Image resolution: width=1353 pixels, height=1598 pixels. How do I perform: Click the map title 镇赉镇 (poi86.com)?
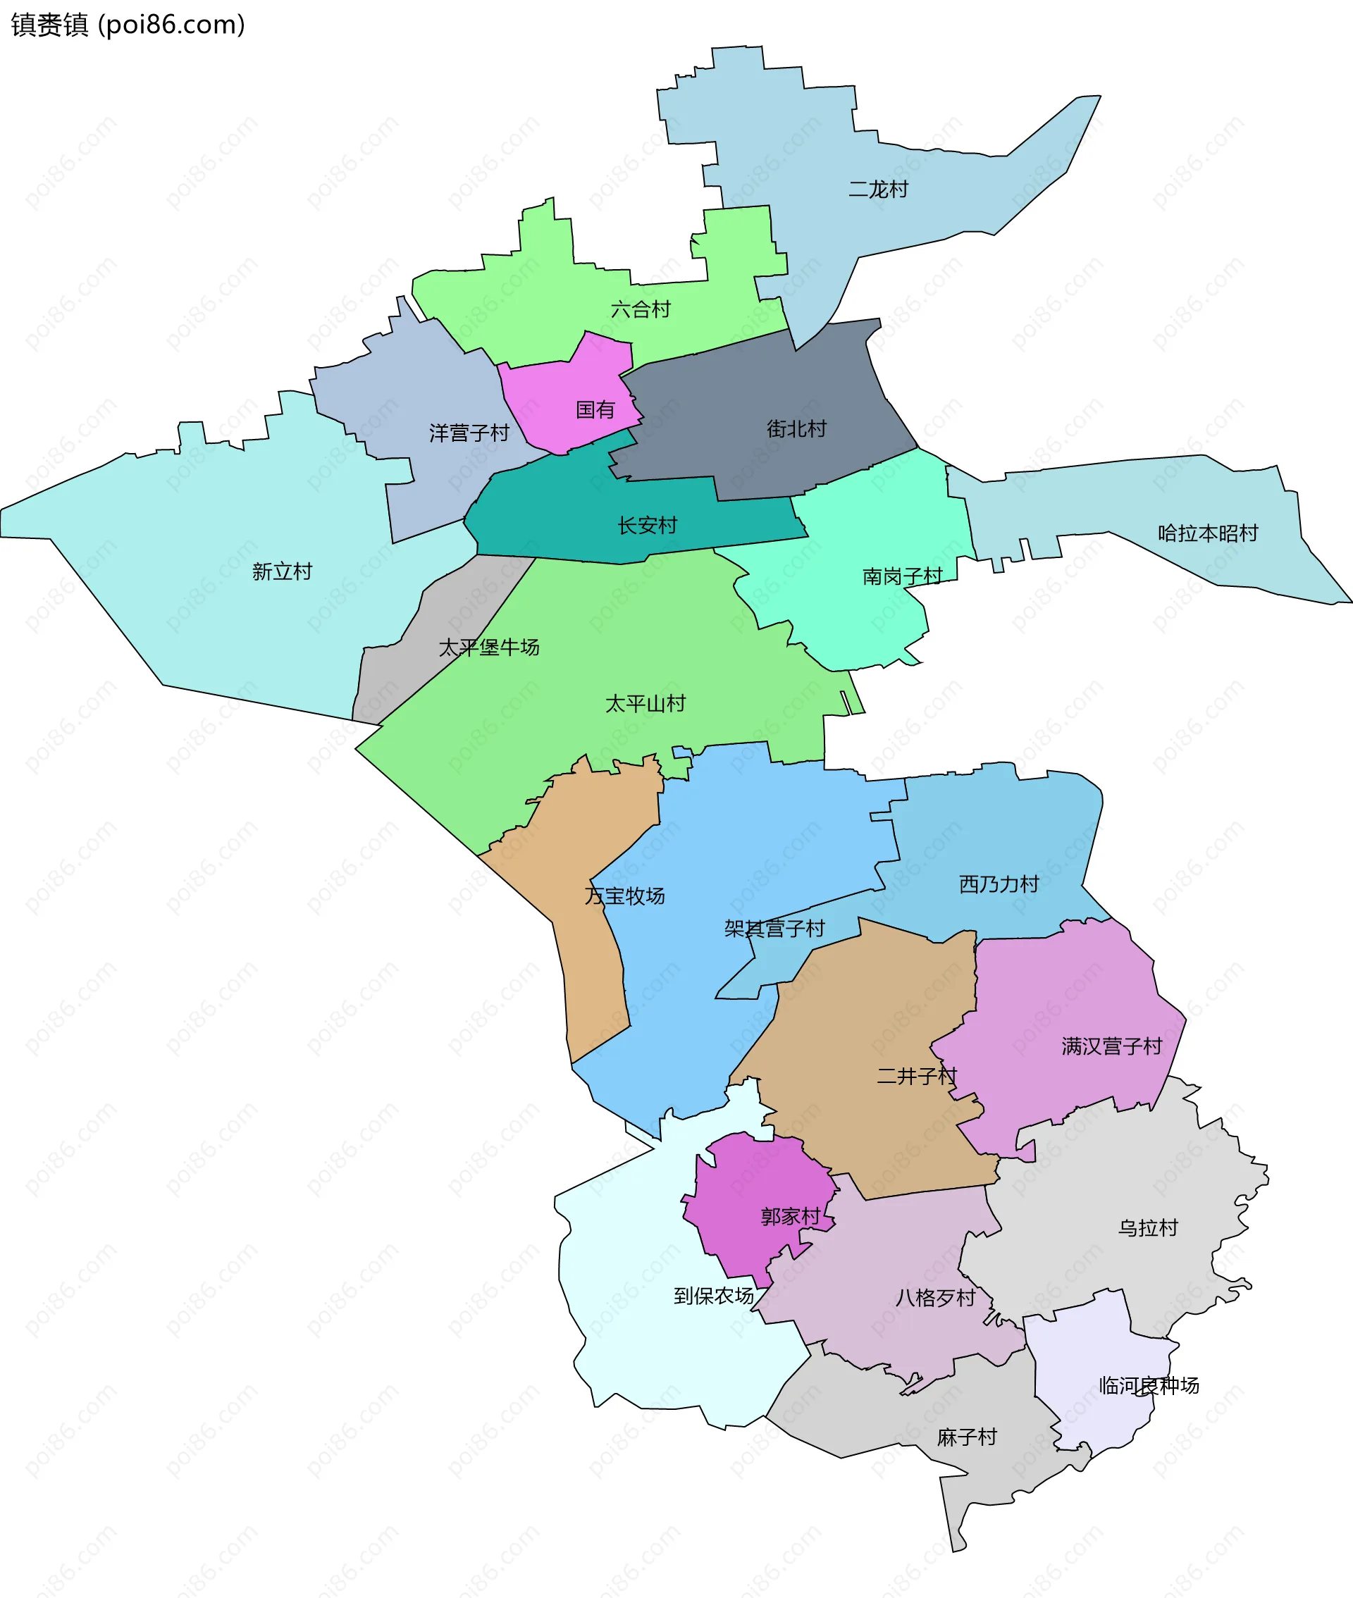pyautogui.click(x=128, y=25)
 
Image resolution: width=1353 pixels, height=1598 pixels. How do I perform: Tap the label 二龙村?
pyautogui.click(x=877, y=190)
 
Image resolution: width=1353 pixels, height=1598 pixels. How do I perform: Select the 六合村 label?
pyautogui.click(x=641, y=310)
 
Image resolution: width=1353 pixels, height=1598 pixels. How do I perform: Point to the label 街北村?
pyautogui.click(x=796, y=428)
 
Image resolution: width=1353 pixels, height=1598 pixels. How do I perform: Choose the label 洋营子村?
pyautogui.click(x=469, y=433)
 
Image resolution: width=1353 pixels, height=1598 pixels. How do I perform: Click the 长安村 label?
pyautogui.click(x=648, y=525)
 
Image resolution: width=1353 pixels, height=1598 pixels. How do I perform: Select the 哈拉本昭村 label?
pyautogui.click(x=1207, y=533)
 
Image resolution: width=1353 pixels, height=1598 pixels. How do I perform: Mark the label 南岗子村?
pyautogui.click(x=902, y=576)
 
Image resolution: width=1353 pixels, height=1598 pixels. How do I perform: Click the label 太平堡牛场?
pyautogui.click(x=488, y=648)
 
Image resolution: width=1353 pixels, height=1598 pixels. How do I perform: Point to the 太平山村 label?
pyautogui.click(x=645, y=703)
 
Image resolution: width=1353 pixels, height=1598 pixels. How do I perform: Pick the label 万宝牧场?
pyautogui.click(x=624, y=896)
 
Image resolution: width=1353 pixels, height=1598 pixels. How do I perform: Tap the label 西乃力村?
pyautogui.click(x=999, y=884)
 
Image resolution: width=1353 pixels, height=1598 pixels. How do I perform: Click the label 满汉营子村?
pyautogui.click(x=1111, y=1046)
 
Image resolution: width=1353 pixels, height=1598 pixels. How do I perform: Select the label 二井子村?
pyautogui.click(x=917, y=1076)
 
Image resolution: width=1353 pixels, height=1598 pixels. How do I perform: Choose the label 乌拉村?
pyautogui.click(x=1147, y=1227)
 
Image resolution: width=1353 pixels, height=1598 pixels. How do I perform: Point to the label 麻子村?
pyautogui.click(x=966, y=1437)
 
